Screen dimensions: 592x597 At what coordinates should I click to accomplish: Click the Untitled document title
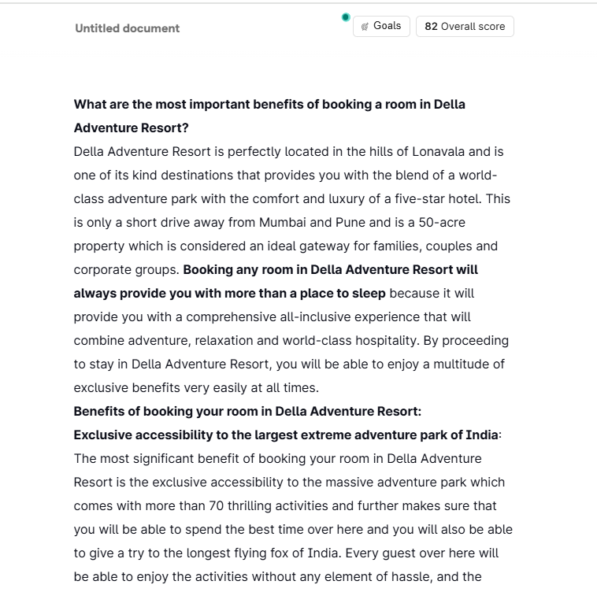click(127, 28)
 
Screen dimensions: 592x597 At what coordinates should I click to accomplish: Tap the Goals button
click(380, 26)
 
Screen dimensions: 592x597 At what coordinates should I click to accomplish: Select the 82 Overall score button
click(465, 26)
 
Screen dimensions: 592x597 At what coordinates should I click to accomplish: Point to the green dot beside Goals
click(346, 17)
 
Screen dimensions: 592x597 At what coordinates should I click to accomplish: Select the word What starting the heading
click(90, 104)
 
